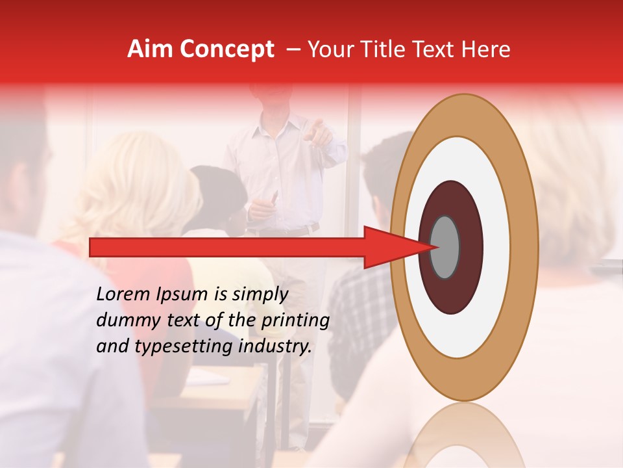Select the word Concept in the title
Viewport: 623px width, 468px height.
pos(226,50)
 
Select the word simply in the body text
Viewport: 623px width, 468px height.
pos(260,294)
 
